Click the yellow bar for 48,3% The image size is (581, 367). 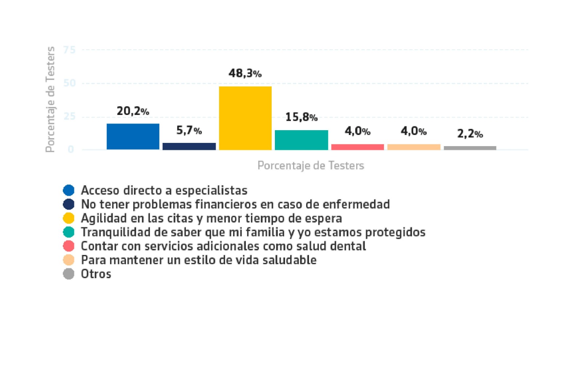coord(245,118)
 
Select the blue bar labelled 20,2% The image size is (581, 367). coord(133,136)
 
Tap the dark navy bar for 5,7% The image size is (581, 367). coord(189,146)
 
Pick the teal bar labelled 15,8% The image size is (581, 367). coord(301,140)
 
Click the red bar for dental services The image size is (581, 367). coord(357,147)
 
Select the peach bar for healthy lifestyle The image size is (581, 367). coord(414,147)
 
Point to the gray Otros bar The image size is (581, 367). coord(470,148)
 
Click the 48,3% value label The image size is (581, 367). coord(245,73)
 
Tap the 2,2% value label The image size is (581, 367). coord(470,134)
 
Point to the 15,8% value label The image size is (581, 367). coord(301,117)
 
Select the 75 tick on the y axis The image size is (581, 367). coord(69,50)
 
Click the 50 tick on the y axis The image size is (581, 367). coord(69,83)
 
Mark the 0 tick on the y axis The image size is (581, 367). coord(71,149)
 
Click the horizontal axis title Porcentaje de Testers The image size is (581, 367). coord(310,165)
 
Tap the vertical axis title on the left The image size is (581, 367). coord(50,99)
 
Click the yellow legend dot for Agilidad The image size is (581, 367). coord(69,218)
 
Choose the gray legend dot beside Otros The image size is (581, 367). coord(69,274)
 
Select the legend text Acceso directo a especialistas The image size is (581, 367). coord(164,190)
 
